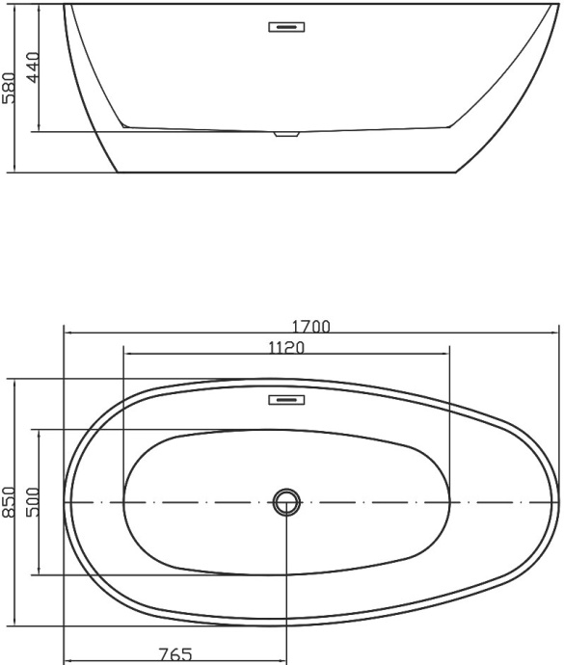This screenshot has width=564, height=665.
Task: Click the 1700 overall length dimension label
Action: (x=310, y=326)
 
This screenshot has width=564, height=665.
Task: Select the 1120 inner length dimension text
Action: (x=286, y=348)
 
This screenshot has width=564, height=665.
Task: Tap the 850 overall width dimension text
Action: (x=10, y=502)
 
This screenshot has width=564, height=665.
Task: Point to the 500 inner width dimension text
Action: (x=32, y=502)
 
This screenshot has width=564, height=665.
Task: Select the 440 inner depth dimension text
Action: (x=32, y=68)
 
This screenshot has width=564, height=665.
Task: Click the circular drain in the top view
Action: (x=286, y=501)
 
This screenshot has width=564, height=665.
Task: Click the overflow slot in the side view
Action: (x=285, y=27)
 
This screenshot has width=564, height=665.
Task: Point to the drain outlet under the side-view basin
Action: (x=285, y=134)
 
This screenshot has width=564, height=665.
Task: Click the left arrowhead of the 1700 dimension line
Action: (x=67, y=332)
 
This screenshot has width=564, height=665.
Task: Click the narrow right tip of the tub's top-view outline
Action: (x=557, y=501)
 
